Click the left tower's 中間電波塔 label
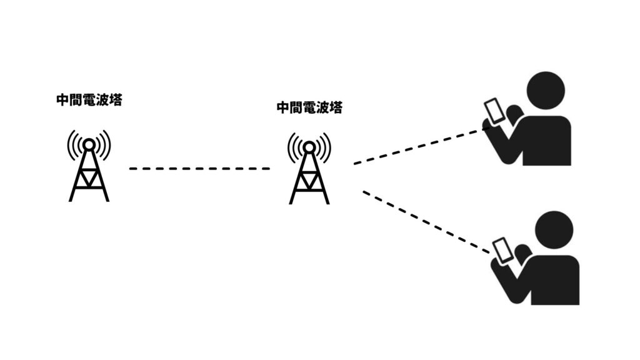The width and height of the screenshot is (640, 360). [x=89, y=100]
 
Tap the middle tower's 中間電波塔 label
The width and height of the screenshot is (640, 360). [x=310, y=107]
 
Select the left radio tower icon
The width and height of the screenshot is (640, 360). [x=89, y=166]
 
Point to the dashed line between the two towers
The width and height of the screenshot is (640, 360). [x=199, y=169]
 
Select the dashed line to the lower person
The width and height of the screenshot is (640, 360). [x=426, y=222]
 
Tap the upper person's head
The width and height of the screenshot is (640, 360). [x=546, y=91]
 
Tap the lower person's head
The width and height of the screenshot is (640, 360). [x=554, y=230]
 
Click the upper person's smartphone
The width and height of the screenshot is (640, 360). [x=494, y=111]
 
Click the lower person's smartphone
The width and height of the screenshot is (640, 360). [x=502, y=250]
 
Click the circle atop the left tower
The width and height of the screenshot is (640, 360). [x=89, y=144]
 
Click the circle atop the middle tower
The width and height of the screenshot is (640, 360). [x=309, y=147]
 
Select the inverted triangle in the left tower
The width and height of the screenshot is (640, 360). [x=89, y=177]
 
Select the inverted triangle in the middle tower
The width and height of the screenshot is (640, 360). [x=309, y=179]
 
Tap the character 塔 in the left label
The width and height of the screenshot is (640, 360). [x=116, y=100]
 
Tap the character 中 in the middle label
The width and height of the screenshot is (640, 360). [x=283, y=107]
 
